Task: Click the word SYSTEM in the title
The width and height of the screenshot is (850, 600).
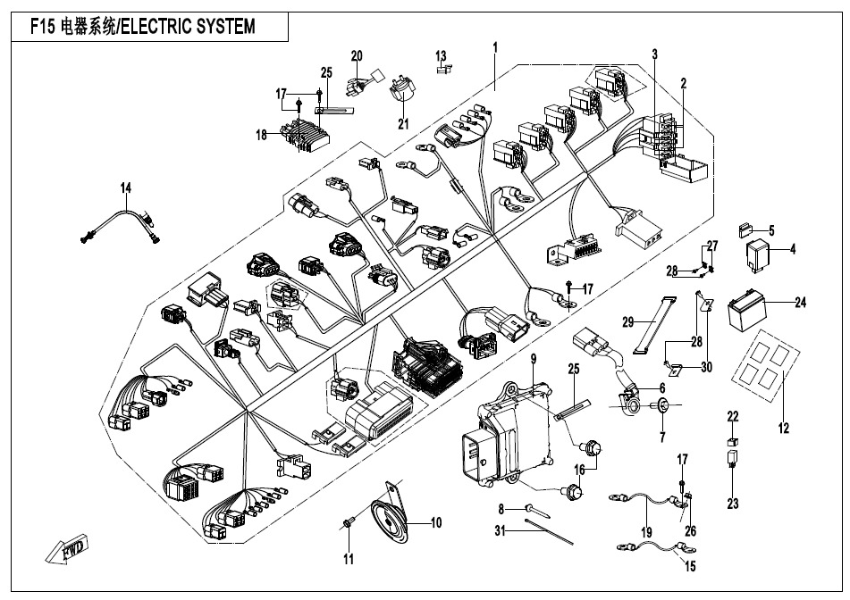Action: pyautogui.click(x=221, y=27)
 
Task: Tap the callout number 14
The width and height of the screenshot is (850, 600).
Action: pyautogui.click(x=126, y=187)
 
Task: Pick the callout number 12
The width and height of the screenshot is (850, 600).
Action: pyautogui.click(x=783, y=429)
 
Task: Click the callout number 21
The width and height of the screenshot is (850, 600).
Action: pyautogui.click(x=401, y=122)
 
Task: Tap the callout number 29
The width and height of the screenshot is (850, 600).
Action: pyautogui.click(x=627, y=320)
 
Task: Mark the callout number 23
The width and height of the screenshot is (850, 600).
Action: pyautogui.click(x=733, y=504)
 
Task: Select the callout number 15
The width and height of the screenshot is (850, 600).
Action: pyautogui.click(x=689, y=566)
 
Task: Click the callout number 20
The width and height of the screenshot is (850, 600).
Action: pyautogui.click(x=357, y=56)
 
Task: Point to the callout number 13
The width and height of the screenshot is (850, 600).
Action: pyautogui.click(x=441, y=56)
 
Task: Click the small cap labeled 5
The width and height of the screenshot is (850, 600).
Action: pyautogui.click(x=745, y=230)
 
